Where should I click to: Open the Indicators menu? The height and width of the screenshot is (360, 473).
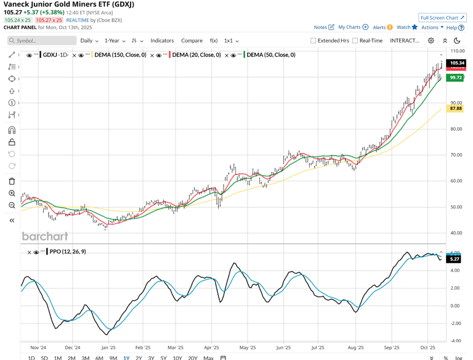162,41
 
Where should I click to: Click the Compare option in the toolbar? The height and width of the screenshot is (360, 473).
192,41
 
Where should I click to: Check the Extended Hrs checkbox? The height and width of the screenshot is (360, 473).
313,41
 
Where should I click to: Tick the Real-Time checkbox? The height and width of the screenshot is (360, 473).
355,41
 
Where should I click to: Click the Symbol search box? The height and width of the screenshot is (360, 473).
42,41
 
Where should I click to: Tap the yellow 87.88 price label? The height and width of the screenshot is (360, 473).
456,108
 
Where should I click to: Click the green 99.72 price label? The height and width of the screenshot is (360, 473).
456,78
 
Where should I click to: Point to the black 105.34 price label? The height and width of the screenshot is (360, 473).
456,63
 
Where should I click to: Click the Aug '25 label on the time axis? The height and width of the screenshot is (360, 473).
357,348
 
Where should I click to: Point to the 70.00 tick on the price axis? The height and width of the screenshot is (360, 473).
456,155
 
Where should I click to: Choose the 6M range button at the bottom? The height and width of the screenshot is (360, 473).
99,358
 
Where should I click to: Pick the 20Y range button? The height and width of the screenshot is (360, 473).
192,358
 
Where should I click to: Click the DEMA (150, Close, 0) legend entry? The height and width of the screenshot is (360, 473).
120,55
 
